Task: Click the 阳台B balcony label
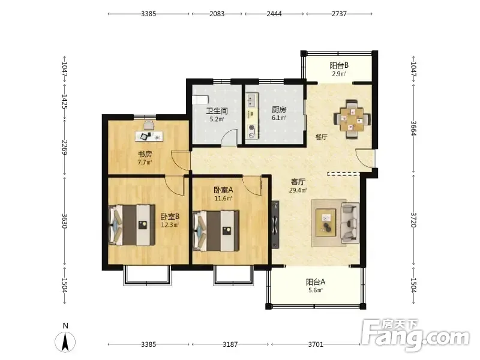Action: pos(339,65)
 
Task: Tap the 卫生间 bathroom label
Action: pos(217,111)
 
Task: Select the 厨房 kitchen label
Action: pos(279,110)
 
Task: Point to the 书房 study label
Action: pos(145,154)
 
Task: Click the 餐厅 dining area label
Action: pos(321,137)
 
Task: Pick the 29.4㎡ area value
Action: pos(298,190)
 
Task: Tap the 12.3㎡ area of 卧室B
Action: pos(170,224)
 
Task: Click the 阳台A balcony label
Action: pos(316,281)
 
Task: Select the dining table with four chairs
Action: pos(352,119)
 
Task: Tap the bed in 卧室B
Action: pos(132,225)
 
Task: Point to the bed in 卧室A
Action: pos(216,230)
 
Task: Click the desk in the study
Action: pos(149,136)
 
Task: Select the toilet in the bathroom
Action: pos(200,100)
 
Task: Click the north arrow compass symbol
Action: pos(65,341)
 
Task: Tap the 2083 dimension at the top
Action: pos(217,14)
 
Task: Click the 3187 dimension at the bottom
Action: pos(230,344)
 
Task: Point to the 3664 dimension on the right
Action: pos(413,128)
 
